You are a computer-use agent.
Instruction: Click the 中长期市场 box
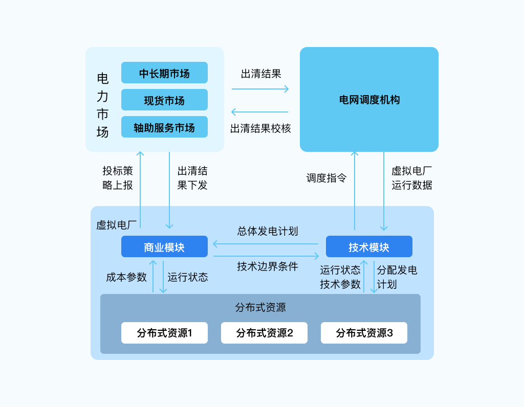pos(164,73)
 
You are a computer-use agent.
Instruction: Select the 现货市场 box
pos(164,100)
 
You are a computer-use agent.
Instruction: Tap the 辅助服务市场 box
pos(164,127)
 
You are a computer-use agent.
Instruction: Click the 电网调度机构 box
pos(369,100)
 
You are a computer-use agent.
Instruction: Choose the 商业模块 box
pos(164,247)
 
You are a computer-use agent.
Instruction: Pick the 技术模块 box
pos(369,247)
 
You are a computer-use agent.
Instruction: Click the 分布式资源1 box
pos(164,333)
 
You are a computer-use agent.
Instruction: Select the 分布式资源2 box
pos(264,333)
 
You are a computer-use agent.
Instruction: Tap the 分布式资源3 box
pos(364,333)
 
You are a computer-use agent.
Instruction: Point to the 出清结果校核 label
pos(260,128)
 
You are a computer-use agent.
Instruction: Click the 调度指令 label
pos(326,178)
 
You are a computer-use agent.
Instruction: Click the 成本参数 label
pos(126,277)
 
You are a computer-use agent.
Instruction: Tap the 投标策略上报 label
pos(118,178)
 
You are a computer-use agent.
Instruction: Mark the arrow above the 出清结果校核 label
pos(260,112)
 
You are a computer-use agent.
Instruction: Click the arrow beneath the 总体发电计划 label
pos(266,243)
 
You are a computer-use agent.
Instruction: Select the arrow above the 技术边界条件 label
pos(266,256)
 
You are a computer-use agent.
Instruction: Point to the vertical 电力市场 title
pos(102,105)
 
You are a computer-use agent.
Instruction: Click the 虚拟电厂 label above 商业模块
pos(116,225)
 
